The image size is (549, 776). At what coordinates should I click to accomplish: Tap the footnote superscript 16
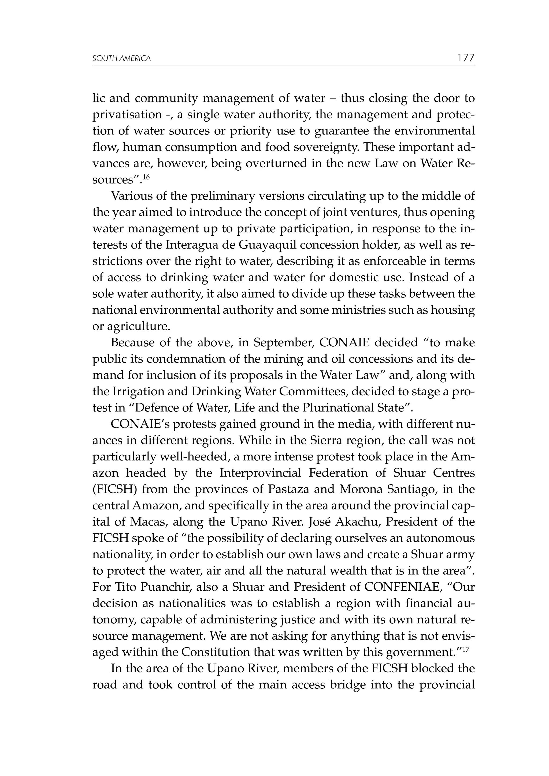pos(146,177)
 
